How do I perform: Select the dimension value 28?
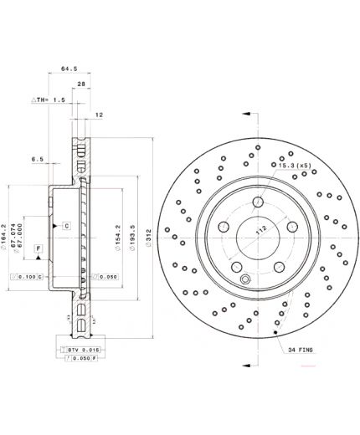coord(82,84)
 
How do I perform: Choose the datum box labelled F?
coord(39,249)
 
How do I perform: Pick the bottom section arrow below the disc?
coord(249,365)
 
